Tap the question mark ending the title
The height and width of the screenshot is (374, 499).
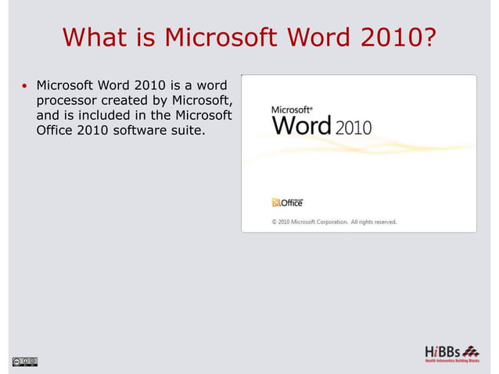tap(429, 37)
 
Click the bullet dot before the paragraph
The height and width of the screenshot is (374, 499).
tap(25, 85)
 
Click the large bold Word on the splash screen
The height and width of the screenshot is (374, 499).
tap(301, 125)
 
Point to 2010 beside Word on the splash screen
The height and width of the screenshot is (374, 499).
tap(353, 127)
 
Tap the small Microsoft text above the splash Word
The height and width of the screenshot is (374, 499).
tap(290, 110)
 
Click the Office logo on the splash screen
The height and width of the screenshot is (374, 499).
tap(287, 202)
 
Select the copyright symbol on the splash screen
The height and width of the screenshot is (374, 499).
tap(275, 221)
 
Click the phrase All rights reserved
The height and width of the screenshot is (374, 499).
tap(373, 221)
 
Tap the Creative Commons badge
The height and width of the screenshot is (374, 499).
tap(24, 361)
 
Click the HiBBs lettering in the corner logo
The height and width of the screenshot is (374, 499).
tap(443, 351)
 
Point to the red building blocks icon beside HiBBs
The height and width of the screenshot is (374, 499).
tap(471, 351)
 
